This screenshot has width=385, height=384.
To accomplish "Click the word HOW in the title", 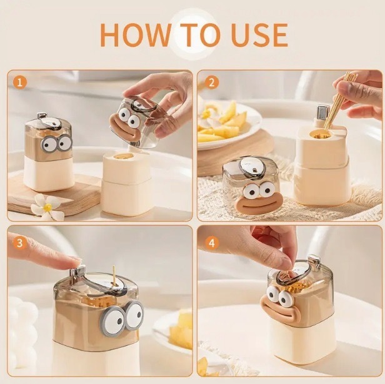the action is pos(135,34).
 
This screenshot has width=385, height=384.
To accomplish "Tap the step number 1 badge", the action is pos(20,82).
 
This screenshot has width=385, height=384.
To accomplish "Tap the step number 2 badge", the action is pos(211,82).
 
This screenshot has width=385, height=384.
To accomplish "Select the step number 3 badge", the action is pos(20,243).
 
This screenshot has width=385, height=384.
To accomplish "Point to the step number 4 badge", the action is pos(211,243).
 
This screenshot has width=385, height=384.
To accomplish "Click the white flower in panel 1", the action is pos(47,207).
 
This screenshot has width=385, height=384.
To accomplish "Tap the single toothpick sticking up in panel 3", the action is pos(114,277).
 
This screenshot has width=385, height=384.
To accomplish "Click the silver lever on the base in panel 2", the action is pos(322,112).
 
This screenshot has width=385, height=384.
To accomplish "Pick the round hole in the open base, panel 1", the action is pos(124,157).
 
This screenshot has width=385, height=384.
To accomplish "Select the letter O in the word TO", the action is pos(204,34).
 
